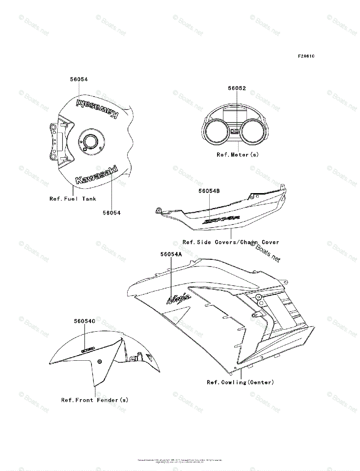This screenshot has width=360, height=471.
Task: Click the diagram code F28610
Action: (306, 56)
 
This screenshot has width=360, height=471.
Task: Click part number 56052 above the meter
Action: (237, 88)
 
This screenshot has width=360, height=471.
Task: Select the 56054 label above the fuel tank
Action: (79, 79)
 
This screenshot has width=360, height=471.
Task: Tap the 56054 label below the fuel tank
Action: (111, 213)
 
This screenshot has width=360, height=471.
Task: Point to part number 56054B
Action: (209, 191)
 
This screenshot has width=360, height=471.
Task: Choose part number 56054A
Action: (171, 254)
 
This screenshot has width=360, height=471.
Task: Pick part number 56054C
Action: (85, 321)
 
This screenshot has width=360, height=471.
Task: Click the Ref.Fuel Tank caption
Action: (73, 199)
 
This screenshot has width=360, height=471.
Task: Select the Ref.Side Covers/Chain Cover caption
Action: (231, 242)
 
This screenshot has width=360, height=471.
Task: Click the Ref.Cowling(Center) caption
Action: (240, 382)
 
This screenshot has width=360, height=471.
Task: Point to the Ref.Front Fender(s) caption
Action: (95, 400)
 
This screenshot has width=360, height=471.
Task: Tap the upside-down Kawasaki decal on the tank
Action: (97, 108)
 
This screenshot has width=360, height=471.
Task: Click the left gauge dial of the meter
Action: (217, 133)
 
